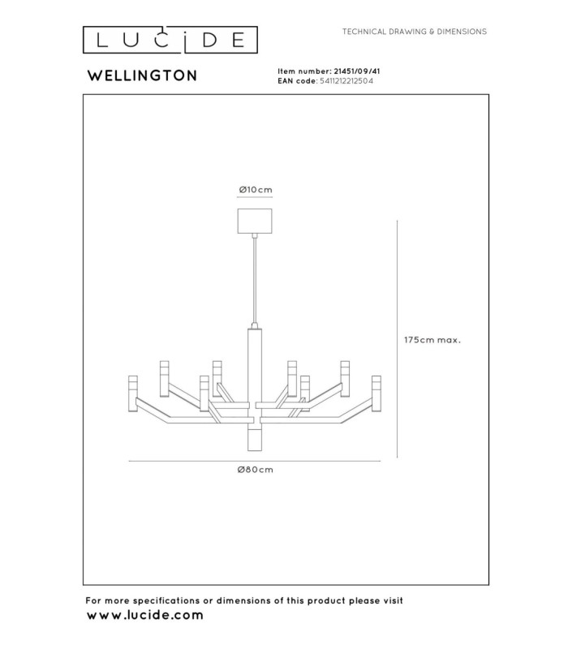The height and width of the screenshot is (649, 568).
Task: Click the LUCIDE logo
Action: [x=170, y=40]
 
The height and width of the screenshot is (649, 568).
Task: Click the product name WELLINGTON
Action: [x=142, y=75]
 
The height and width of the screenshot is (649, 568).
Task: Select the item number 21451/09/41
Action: [x=357, y=71]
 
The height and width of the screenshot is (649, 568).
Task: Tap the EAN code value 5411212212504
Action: [x=346, y=81]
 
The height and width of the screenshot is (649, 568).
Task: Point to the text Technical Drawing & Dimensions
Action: [x=415, y=32]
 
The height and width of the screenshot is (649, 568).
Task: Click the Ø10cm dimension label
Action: [x=256, y=190]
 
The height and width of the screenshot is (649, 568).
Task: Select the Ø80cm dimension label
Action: [x=256, y=470]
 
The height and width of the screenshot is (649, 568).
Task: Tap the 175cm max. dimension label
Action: [x=432, y=340]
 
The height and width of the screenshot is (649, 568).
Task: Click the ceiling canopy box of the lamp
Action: [x=255, y=221]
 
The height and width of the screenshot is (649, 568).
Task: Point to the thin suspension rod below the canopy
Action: [x=255, y=282]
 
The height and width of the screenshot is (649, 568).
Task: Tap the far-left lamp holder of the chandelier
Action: [x=133, y=393]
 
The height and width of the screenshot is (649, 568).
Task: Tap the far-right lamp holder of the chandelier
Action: [x=377, y=393]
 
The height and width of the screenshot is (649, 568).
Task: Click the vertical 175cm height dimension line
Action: [x=398, y=339]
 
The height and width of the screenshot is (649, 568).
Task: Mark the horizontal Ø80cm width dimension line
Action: [x=255, y=461]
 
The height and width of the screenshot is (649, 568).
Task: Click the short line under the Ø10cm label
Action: [x=255, y=197]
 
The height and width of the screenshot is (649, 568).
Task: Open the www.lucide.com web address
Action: [x=145, y=615]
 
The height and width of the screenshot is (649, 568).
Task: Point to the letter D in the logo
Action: [x=210, y=40]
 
